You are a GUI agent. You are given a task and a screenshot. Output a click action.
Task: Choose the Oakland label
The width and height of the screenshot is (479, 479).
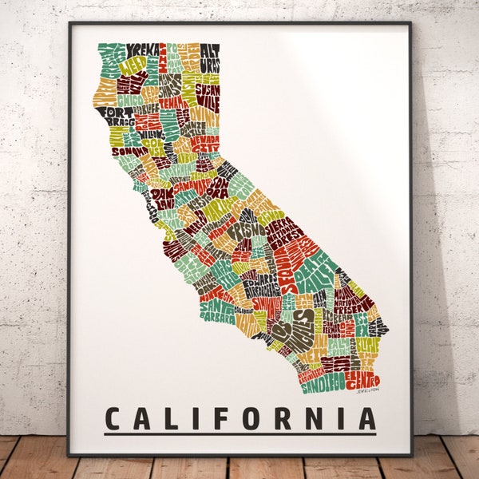pos(163,196)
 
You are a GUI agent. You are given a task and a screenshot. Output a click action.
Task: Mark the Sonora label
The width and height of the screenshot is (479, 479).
pos(216,187)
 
